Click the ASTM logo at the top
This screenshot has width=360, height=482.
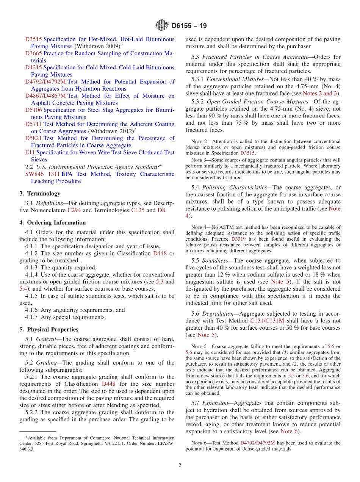click(162, 26)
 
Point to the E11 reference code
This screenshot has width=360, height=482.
click(30, 152)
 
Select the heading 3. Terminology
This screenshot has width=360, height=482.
click(40, 193)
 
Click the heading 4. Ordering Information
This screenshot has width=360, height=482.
click(53, 222)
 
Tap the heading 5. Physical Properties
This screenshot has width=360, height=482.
click(49, 329)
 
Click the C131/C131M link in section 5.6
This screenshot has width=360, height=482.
click(267, 321)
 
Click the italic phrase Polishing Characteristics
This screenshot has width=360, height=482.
click(235, 187)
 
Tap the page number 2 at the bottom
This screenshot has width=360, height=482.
click(180, 465)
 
